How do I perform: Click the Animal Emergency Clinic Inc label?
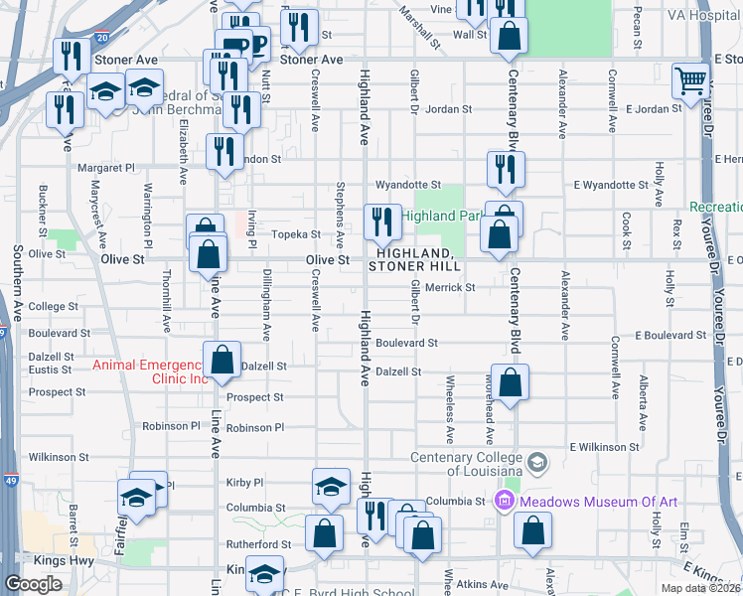150,372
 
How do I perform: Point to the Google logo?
33,584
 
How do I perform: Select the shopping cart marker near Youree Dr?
689,80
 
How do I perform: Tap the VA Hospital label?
703,16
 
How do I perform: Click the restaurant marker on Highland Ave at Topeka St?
381,222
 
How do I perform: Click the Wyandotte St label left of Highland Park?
407,185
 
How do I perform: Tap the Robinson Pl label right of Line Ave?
255,428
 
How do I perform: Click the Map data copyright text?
701,588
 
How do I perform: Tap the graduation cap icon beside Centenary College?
537,462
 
